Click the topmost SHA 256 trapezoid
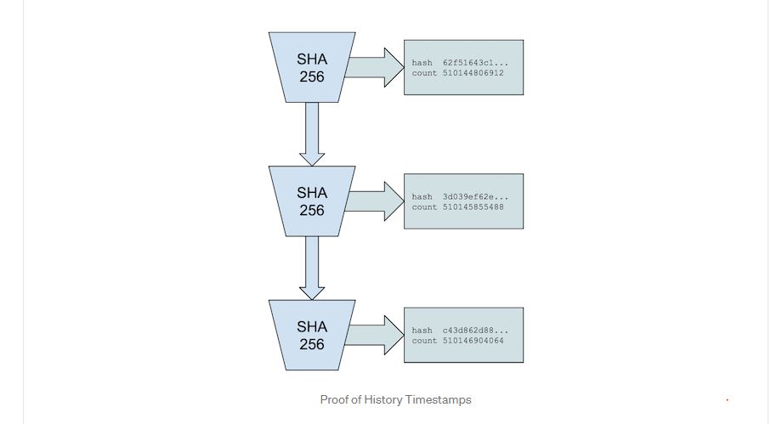311,67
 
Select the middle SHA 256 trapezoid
311,201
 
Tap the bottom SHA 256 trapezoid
311,334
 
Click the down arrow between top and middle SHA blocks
312,133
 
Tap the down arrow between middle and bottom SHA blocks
312,267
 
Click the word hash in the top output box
422,63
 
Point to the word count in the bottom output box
424,341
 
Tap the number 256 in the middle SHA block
311,210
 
